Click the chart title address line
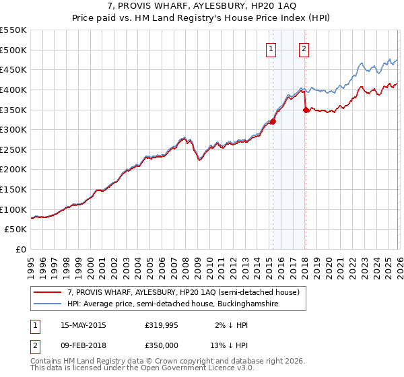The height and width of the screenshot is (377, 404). tap(202, 6)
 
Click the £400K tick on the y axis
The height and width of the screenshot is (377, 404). tap(13, 90)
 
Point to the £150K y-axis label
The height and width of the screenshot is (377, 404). tap(13, 190)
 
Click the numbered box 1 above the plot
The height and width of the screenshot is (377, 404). tap(271, 48)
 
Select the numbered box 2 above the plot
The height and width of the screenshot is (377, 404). tap(304, 48)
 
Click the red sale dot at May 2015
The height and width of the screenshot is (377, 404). tap(273, 122)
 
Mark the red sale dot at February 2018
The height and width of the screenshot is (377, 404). tap(306, 110)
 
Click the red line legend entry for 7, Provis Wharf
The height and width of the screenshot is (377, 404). tap(187, 292)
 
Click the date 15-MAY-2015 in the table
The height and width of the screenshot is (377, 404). tap(83, 325)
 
